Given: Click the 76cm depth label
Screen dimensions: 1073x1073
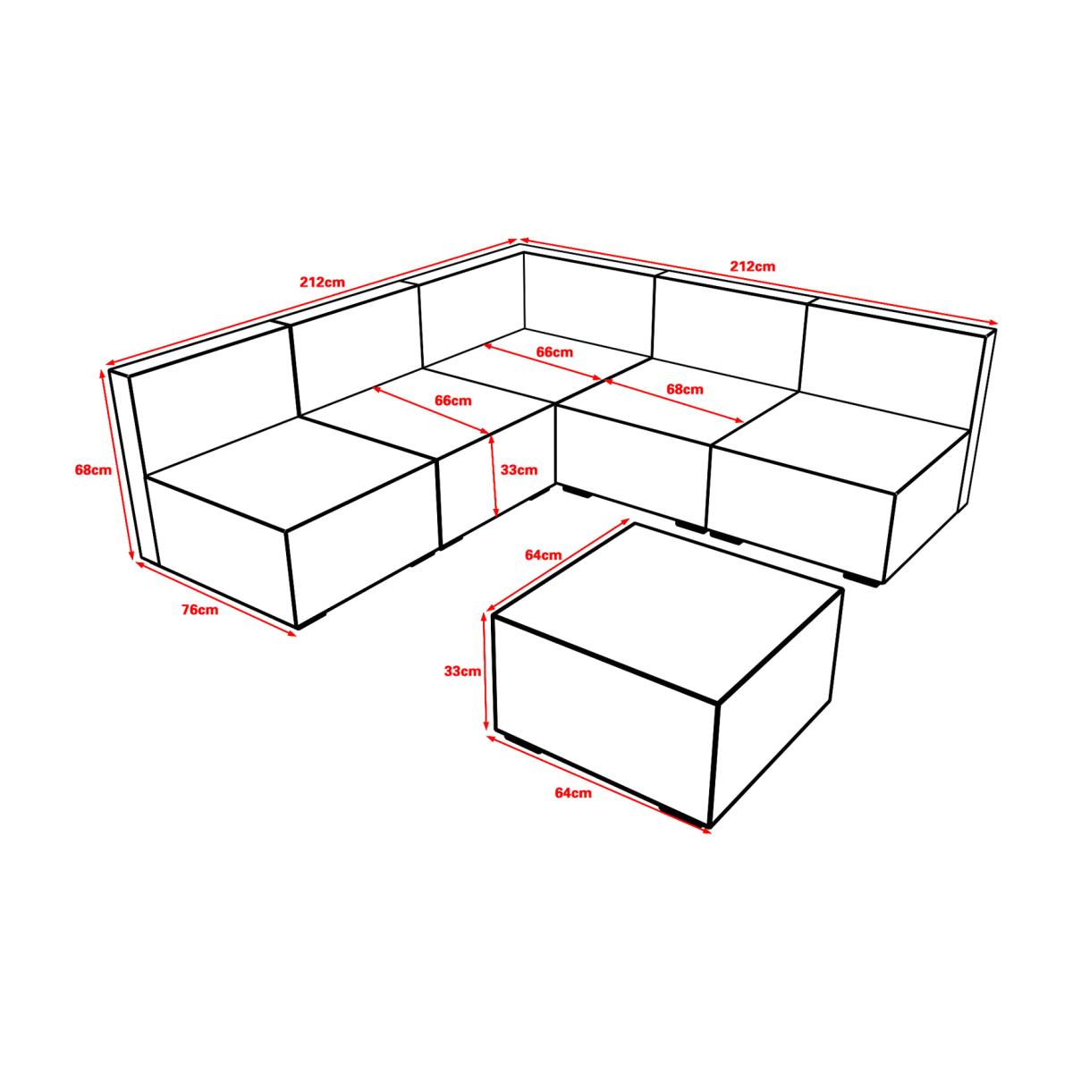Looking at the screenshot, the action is tap(200, 610).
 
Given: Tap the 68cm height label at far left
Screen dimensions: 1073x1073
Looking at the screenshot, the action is tap(93, 470).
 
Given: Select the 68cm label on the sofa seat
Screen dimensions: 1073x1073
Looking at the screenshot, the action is tap(685, 389).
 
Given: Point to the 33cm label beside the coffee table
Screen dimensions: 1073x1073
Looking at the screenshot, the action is tap(462, 671).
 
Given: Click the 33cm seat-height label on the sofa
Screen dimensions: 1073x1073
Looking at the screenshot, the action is tap(519, 470).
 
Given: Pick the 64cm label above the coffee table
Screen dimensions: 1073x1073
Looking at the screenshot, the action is tap(544, 554).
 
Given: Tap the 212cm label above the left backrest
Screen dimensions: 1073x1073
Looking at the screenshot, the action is tap(323, 282).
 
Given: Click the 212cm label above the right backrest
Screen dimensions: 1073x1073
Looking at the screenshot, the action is tap(753, 266).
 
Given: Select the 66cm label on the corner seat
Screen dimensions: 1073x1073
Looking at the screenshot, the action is tap(554, 352).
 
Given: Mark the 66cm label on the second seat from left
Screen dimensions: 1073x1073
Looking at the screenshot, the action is tap(453, 401).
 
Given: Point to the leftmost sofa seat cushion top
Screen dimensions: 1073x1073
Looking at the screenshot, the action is tap(290, 472).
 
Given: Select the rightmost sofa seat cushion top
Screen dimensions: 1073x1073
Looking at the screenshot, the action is tap(841, 443).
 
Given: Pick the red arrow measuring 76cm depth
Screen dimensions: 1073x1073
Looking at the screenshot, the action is tap(216, 598).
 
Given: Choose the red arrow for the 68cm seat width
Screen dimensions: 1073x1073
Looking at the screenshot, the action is tap(675, 400).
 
